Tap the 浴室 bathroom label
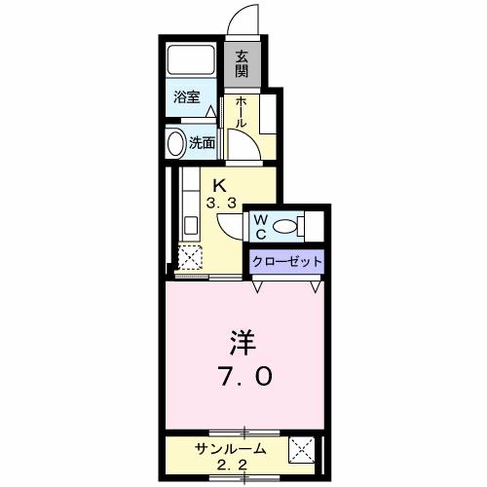[187, 96]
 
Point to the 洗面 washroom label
[203, 143]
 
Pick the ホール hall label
[240, 114]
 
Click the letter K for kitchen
[220, 185]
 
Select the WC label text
[261, 226]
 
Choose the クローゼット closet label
[285, 261]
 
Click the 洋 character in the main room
[242, 344]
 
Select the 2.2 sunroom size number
[229, 466]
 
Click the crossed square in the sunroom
[303, 452]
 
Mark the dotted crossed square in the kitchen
[188, 258]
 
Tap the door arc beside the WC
[230, 224]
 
